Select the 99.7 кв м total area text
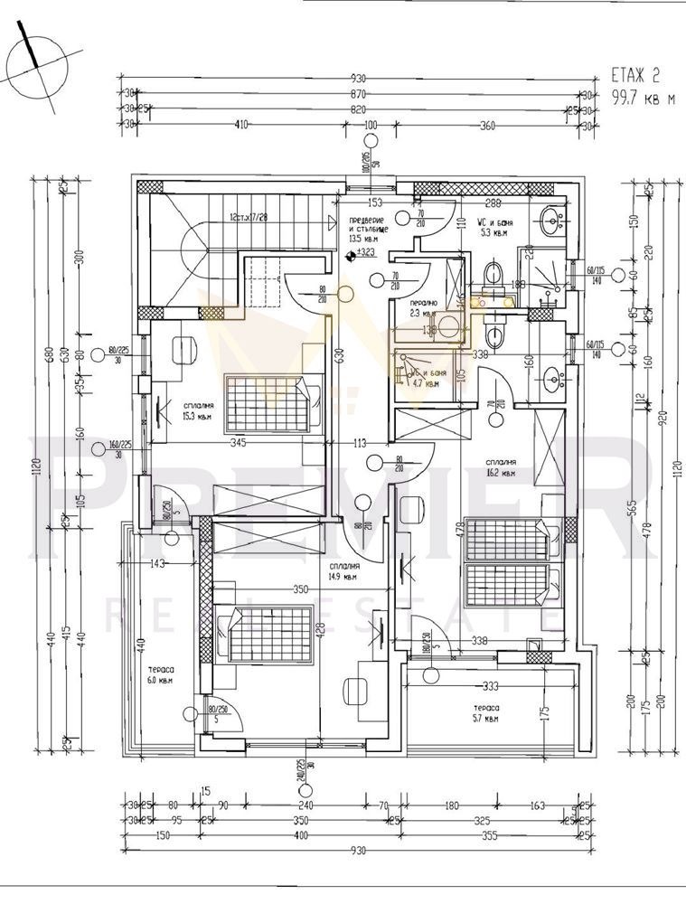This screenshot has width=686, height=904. pos(643,99)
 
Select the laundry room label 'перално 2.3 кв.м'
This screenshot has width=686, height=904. pos(424,308)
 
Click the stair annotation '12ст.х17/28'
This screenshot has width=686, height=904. pos(254,218)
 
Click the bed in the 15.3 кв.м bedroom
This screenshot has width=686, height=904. pos(268,399)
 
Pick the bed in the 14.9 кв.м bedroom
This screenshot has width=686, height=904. pos(268,633)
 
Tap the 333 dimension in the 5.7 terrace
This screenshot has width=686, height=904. pos(492,684)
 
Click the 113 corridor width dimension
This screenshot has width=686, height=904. pos(359,443)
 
